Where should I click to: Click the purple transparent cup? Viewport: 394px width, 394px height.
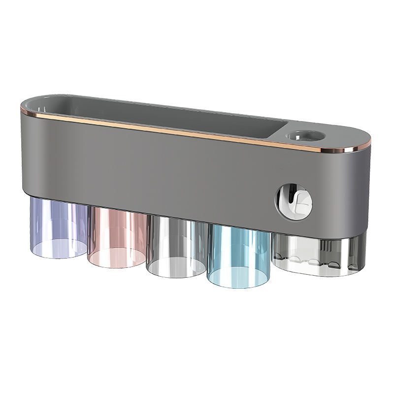(x=58, y=227)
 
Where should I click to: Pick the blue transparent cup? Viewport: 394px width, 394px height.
(x=238, y=256)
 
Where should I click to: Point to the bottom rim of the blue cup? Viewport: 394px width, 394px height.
(x=238, y=284)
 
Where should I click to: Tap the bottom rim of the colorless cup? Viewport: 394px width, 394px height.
(x=176, y=273)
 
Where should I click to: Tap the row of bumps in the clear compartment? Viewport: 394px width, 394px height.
(x=300, y=258)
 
